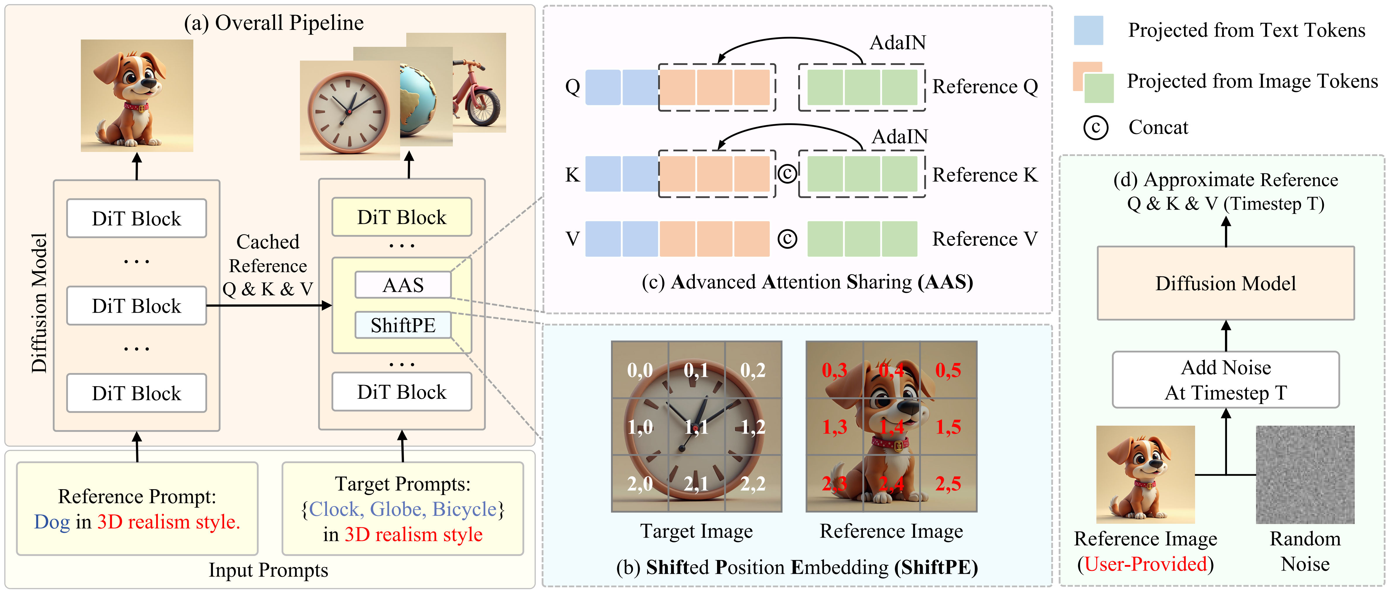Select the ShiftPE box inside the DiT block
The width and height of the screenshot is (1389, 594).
click(x=403, y=325)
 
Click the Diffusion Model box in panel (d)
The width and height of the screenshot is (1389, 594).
click(x=1226, y=283)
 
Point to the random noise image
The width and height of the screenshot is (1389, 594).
click(x=1305, y=474)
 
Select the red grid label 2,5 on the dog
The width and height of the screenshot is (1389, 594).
click(x=948, y=484)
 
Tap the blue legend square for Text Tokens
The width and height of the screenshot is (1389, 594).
click(x=1088, y=30)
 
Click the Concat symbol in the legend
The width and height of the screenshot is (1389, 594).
click(x=1096, y=128)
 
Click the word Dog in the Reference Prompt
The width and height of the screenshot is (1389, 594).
click(x=52, y=522)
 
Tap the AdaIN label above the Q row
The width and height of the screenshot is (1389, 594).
click(x=898, y=42)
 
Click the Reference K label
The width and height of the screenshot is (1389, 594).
click(x=984, y=175)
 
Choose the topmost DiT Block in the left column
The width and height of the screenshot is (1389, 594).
click(x=136, y=218)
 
